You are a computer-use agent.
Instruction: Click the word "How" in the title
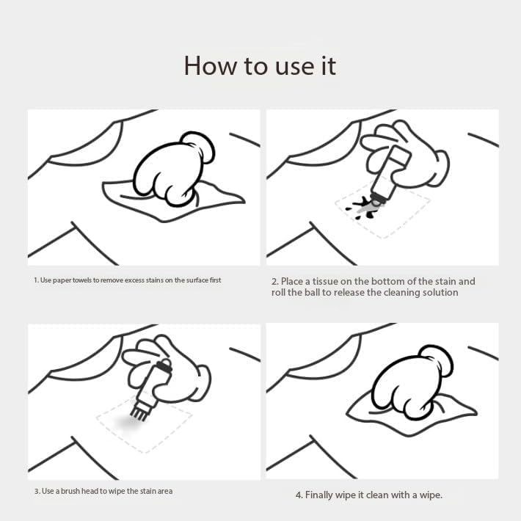pos(211,66)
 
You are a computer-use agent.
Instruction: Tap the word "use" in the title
pos(295,67)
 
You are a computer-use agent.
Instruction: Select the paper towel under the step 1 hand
pos(172,201)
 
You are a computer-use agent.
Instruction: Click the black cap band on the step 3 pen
pos(164,367)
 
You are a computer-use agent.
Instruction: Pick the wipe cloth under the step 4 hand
pos(412,415)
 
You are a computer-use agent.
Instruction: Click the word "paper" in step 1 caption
pos(62,280)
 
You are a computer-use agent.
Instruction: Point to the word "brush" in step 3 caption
pos(70,491)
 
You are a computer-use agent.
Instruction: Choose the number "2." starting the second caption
pos(274,282)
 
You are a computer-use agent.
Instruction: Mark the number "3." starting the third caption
pos(37,491)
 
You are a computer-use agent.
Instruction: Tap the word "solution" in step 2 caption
pos(440,292)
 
